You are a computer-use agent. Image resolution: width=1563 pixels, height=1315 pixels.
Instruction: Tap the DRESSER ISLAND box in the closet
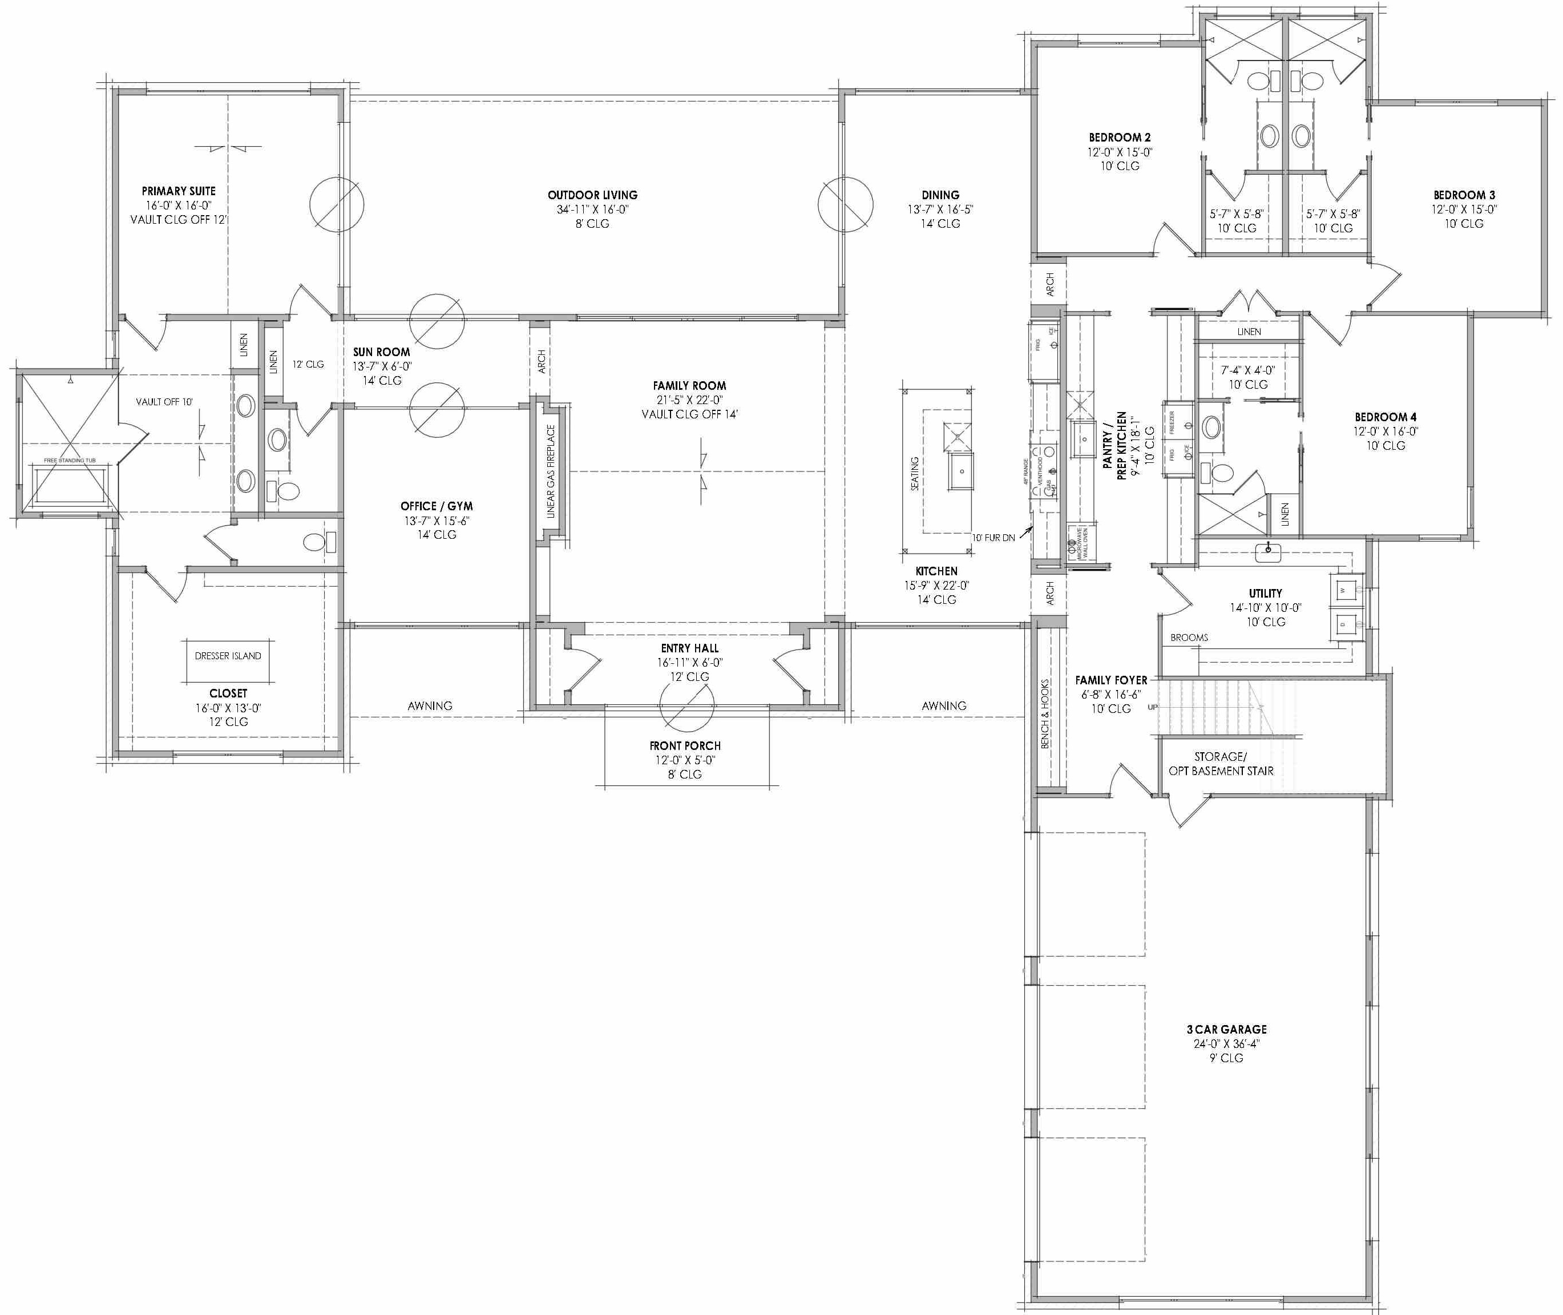click(228, 656)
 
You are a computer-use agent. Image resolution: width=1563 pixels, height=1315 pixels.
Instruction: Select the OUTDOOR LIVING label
click(592, 195)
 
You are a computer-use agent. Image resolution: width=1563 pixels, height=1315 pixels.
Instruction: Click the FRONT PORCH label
click(685, 745)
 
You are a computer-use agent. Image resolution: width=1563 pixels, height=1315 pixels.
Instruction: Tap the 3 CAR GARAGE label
click(1226, 1030)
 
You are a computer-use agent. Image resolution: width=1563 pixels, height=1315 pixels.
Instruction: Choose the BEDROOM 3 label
click(1464, 195)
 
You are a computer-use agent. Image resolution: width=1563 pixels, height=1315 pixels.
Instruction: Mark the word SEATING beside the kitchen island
click(915, 473)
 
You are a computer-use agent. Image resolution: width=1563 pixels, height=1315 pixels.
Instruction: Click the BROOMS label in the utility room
click(1189, 638)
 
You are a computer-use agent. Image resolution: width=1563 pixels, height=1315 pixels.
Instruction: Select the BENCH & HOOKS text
click(1045, 713)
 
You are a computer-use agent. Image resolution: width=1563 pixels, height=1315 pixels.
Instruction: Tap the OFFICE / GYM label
click(437, 506)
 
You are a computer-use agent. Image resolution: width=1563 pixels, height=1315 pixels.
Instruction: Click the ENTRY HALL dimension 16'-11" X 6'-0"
click(689, 663)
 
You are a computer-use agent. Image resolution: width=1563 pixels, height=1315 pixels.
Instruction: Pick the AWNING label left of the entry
click(430, 705)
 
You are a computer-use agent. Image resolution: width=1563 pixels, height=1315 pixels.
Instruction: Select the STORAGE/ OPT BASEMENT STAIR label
click(1221, 763)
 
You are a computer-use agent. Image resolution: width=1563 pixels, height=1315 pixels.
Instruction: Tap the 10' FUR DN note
click(993, 538)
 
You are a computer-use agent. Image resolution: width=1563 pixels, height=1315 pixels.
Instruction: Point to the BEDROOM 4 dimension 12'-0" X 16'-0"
click(1386, 431)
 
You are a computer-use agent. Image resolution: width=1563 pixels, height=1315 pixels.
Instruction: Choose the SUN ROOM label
click(382, 352)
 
